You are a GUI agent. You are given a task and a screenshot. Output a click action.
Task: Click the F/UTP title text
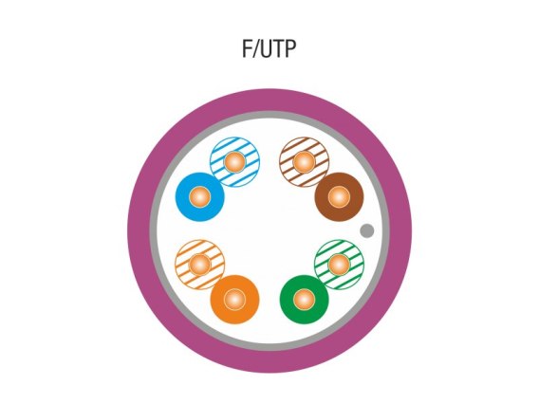click(x=269, y=48)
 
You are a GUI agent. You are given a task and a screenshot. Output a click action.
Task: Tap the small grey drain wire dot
click(x=367, y=230)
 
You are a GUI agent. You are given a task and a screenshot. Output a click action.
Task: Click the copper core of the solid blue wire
click(x=199, y=197)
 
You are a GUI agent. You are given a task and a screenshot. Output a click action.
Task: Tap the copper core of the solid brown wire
click(x=339, y=197)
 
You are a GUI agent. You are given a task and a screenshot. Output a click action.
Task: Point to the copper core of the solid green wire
click(x=305, y=300)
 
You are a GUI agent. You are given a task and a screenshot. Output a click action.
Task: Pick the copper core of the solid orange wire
click(x=234, y=300)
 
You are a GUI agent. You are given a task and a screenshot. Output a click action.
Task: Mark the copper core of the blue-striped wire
click(x=234, y=161)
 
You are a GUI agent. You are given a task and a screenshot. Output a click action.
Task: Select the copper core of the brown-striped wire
click(x=305, y=161)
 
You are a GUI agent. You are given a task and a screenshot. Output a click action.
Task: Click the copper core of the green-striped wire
click(x=339, y=265)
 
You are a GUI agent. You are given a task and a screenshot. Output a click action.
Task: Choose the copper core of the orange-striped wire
click(x=199, y=265)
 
